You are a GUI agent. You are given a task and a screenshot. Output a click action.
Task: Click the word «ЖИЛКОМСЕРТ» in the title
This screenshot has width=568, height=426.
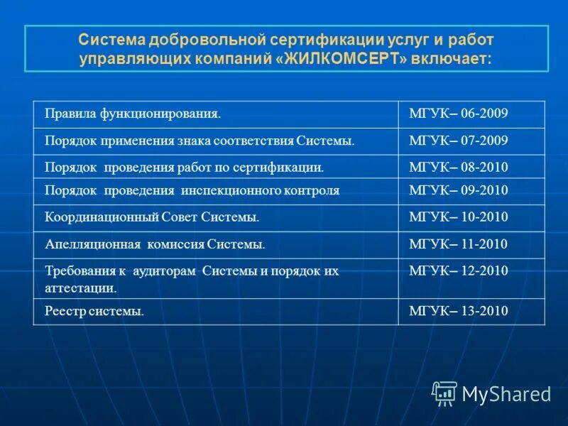tap(346, 58)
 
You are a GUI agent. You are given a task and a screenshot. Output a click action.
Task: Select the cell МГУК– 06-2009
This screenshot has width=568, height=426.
tap(459, 114)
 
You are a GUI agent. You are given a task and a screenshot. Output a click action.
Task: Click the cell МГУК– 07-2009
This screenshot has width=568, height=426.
tap(459, 141)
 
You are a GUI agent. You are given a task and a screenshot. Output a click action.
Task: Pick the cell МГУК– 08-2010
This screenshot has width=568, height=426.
tap(459, 168)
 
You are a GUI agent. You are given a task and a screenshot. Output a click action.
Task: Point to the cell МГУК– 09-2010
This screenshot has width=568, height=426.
tap(459, 190)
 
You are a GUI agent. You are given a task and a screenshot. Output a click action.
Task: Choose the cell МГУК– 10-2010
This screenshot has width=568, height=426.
tap(459, 217)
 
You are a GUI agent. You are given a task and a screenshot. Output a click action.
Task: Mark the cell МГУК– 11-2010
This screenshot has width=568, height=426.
tap(459, 244)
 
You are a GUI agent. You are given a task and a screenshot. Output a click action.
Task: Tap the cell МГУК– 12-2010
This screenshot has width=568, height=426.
tap(459, 271)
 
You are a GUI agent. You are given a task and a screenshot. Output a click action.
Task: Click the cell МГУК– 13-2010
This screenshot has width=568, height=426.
tap(459, 311)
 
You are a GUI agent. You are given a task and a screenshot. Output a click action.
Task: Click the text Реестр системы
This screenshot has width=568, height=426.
tap(94, 311)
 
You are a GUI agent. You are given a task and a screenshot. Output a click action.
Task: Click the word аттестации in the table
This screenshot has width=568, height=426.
tap(80, 288)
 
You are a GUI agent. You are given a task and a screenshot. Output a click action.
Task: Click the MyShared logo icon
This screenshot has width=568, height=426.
tap(444, 393)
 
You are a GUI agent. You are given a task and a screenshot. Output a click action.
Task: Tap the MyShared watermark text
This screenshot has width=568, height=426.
tap(506, 394)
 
